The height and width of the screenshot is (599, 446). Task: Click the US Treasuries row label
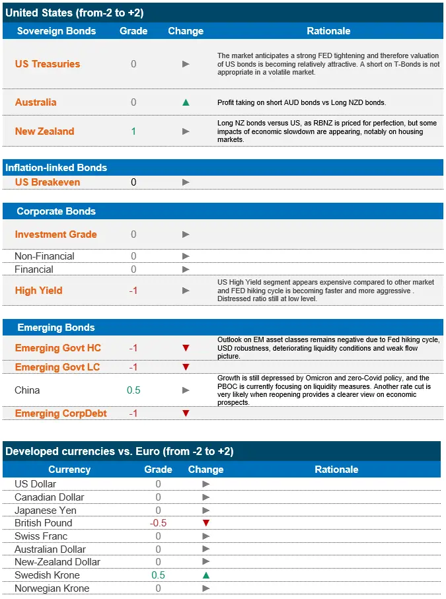pyautogui.click(x=48, y=64)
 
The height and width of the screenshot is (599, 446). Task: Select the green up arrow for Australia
pyautogui.click(x=186, y=102)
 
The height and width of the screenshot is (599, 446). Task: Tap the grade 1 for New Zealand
pyautogui.click(x=133, y=131)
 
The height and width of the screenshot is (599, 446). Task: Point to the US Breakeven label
pyautogui.click(x=48, y=182)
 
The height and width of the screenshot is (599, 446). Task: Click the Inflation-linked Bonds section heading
pyautogui.click(x=56, y=168)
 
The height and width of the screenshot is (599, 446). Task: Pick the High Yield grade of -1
pyautogui.click(x=133, y=291)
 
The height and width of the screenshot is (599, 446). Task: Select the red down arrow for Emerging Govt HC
pyautogui.click(x=186, y=348)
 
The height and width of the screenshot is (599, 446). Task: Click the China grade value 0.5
pyautogui.click(x=133, y=390)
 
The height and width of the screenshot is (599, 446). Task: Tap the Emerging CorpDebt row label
pyautogui.click(x=61, y=413)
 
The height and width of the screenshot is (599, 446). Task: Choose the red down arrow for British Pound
pyautogui.click(x=205, y=523)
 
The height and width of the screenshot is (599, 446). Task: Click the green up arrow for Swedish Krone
pyautogui.click(x=205, y=575)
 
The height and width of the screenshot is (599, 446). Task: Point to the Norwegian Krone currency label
pyautogui.click(x=52, y=588)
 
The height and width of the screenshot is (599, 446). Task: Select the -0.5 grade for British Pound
pyautogui.click(x=158, y=523)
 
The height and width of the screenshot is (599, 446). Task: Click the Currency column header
pyautogui.click(x=69, y=470)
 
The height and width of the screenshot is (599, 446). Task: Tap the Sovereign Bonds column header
pyautogui.click(x=56, y=31)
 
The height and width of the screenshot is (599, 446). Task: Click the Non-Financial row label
pyautogui.click(x=44, y=256)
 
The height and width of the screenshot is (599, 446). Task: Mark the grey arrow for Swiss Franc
pyautogui.click(x=205, y=536)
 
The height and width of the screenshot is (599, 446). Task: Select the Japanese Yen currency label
pyautogui.click(x=45, y=511)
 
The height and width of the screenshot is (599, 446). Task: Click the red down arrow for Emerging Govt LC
pyautogui.click(x=186, y=367)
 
